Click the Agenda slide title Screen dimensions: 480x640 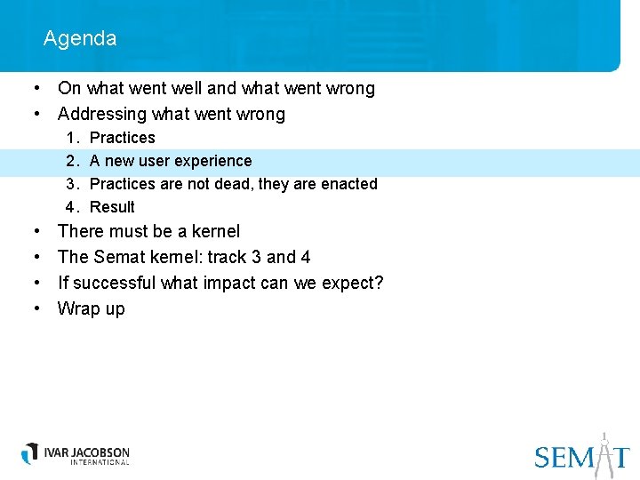(79, 38)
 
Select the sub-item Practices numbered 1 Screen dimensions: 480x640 (122, 138)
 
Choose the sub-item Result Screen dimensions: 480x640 (112, 207)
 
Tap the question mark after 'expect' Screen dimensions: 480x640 (379, 283)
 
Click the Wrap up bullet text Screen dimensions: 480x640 (91, 308)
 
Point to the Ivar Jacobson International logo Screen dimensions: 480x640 (76, 453)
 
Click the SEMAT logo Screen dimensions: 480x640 (582, 455)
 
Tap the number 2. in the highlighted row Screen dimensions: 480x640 (72, 161)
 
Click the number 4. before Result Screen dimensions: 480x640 (72, 207)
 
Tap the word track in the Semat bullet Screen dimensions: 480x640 (228, 257)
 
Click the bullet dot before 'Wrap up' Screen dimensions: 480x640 (38, 308)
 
